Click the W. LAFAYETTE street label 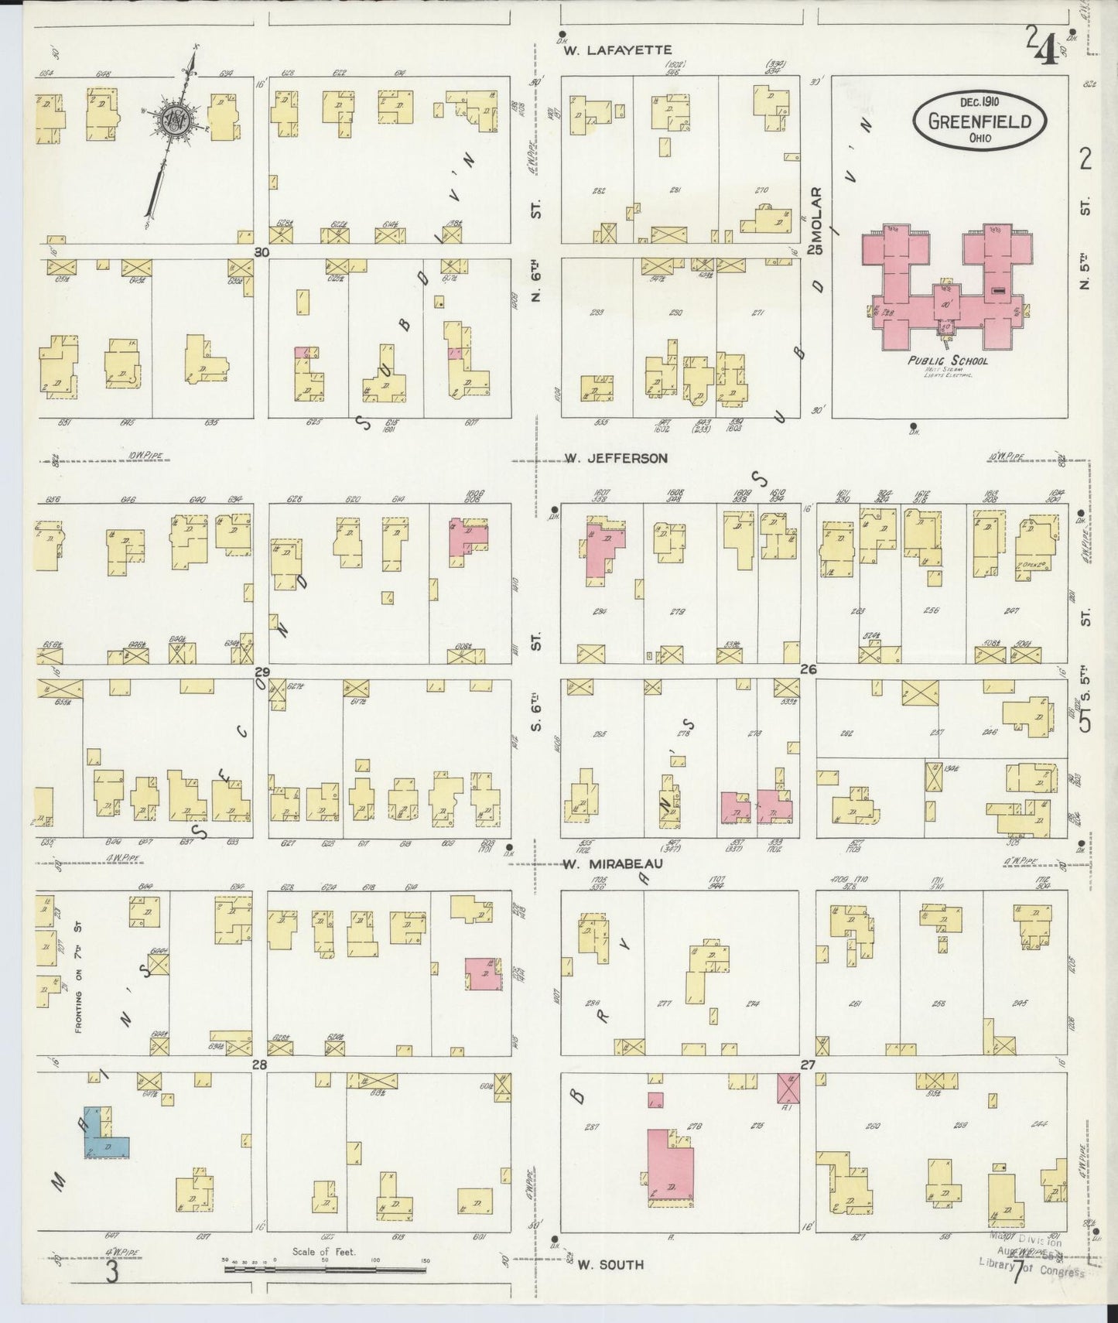coord(617,50)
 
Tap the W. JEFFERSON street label coord(616,458)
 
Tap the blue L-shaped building coord(102,1135)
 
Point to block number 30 coord(262,251)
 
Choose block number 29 coord(262,671)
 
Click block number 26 coord(808,670)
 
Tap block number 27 coord(808,1065)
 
